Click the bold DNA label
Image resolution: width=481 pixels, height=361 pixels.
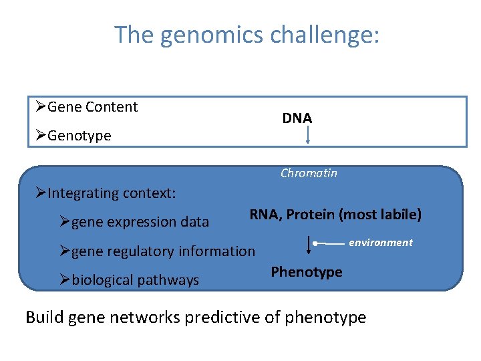click(x=297, y=118)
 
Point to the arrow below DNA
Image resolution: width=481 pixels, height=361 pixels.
click(x=307, y=136)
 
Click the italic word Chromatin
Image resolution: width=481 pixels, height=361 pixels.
click(x=309, y=173)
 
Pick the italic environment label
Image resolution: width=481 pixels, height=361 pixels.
click(x=381, y=243)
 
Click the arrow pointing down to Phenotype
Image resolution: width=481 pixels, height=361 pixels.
click(x=308, y=244)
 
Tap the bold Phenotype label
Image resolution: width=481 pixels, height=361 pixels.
click(x=306, y=272)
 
